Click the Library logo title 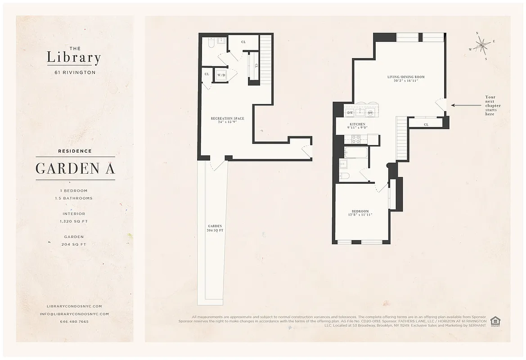74,58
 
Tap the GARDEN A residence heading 75,168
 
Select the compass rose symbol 482,44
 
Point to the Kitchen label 358,126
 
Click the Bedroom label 360,213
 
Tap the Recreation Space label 227,120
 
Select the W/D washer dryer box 221,75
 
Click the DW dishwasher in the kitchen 350,112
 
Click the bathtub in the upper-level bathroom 355,152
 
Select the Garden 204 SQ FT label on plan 215,228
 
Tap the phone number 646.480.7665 74,322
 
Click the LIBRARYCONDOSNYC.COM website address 74,306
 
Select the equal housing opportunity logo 495,321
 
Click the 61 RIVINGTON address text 74,72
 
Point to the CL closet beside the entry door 426,124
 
